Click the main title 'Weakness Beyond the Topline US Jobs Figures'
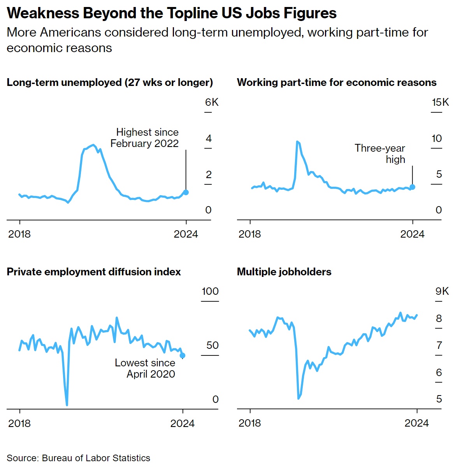[x=172, y=13]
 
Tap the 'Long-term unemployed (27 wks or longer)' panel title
[x=110, y=82]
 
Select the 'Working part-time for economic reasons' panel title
[x=337, y=82]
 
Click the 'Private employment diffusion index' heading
[x=94, y=271]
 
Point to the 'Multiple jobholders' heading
[x=284, y=271]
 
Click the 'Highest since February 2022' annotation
[x=145, y=138]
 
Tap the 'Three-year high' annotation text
[x=380, y=154]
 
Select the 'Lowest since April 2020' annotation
[x=145, y=368]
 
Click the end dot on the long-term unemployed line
[x=186, y=192]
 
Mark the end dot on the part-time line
[x=413, y=187]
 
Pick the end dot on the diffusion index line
[x=183, y=355]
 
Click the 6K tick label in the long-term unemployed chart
[x=212, y=102]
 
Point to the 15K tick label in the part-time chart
[x=440, y=102]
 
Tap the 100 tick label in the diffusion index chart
[x=210, y=291]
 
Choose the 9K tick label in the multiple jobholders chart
[x=442, y=291]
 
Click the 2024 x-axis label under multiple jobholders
[x=416, y=423]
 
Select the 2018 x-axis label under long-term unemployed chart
[x=19, y=234]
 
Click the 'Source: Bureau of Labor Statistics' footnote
[x=78, y=458]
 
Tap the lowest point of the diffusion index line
[x=67, y=405]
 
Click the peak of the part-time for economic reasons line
[x=297, y=142]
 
